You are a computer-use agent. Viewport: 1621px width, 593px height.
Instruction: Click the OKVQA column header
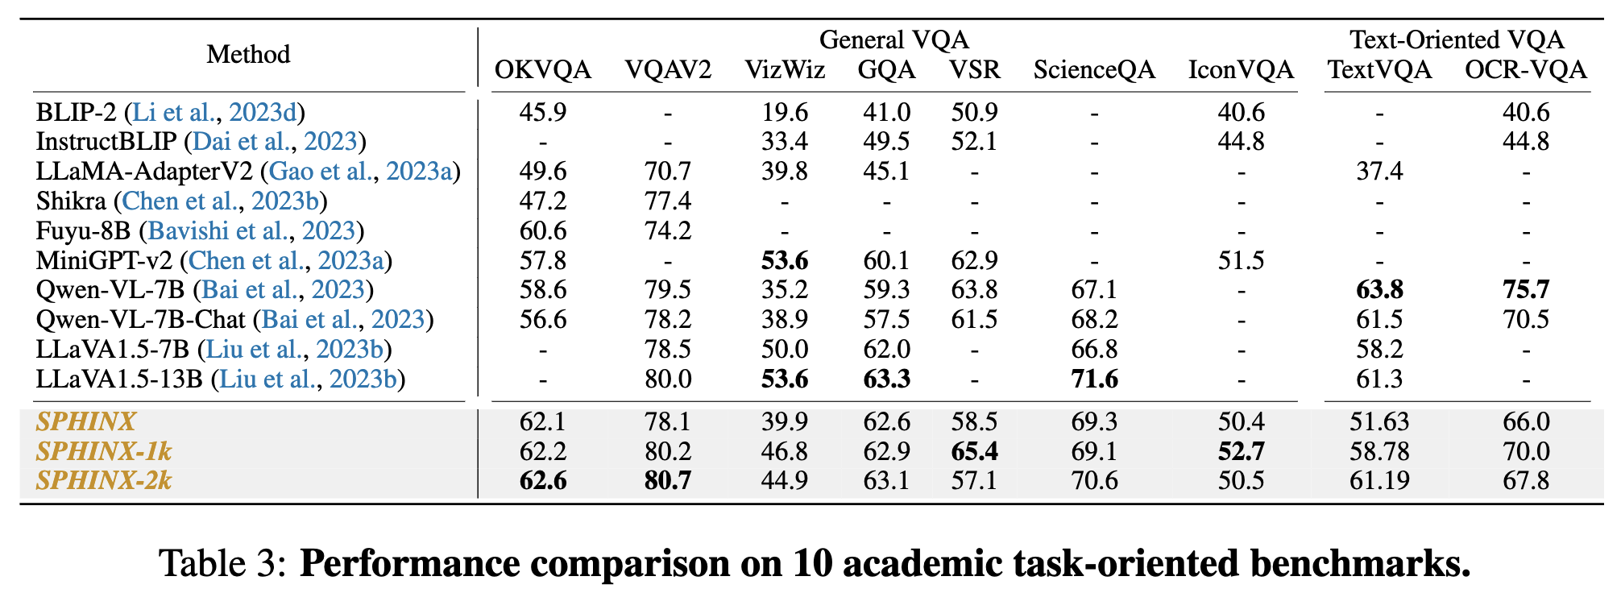click(x=542, y=70)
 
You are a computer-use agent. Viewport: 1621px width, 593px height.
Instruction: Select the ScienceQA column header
click(x=1094, y=70)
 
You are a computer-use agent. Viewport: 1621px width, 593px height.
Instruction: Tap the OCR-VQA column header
click(x=1525, y=70)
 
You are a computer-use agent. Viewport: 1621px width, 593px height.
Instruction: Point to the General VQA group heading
click(x=893, y=39)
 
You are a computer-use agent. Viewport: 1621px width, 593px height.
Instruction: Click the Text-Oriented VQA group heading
click(x=1457, y=39)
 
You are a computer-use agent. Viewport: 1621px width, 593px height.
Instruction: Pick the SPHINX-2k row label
click(x=104, y=481)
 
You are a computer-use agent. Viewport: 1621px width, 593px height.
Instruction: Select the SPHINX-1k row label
click(x=104, y=451)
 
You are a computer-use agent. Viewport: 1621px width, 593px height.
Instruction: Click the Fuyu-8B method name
click(x=83, y=231)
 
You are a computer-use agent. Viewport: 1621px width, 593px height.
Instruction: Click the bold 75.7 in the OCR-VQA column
click(x=1525, y=290)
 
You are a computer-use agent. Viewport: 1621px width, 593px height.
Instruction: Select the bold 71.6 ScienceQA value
click(x=1094, y=379)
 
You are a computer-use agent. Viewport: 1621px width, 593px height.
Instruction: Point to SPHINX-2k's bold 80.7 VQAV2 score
click(x=668, y=481)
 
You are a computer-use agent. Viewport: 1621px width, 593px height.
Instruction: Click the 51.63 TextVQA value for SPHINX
click(x=1379, y=422)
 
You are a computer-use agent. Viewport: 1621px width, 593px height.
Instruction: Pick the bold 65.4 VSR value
click(x=974, y=451)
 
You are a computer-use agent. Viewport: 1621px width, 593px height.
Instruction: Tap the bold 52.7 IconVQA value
click(x=1241, y=451)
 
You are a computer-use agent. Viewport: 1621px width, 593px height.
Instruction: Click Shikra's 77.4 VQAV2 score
click(x=668, y=201)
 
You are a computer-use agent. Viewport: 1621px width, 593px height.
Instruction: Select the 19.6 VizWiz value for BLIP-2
click(x=785, y=112)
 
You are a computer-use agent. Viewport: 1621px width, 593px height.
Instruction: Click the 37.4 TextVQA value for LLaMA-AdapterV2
click(x=1379, y=172)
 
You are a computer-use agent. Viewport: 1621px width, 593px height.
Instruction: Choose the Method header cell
click(x=248, y=55)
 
